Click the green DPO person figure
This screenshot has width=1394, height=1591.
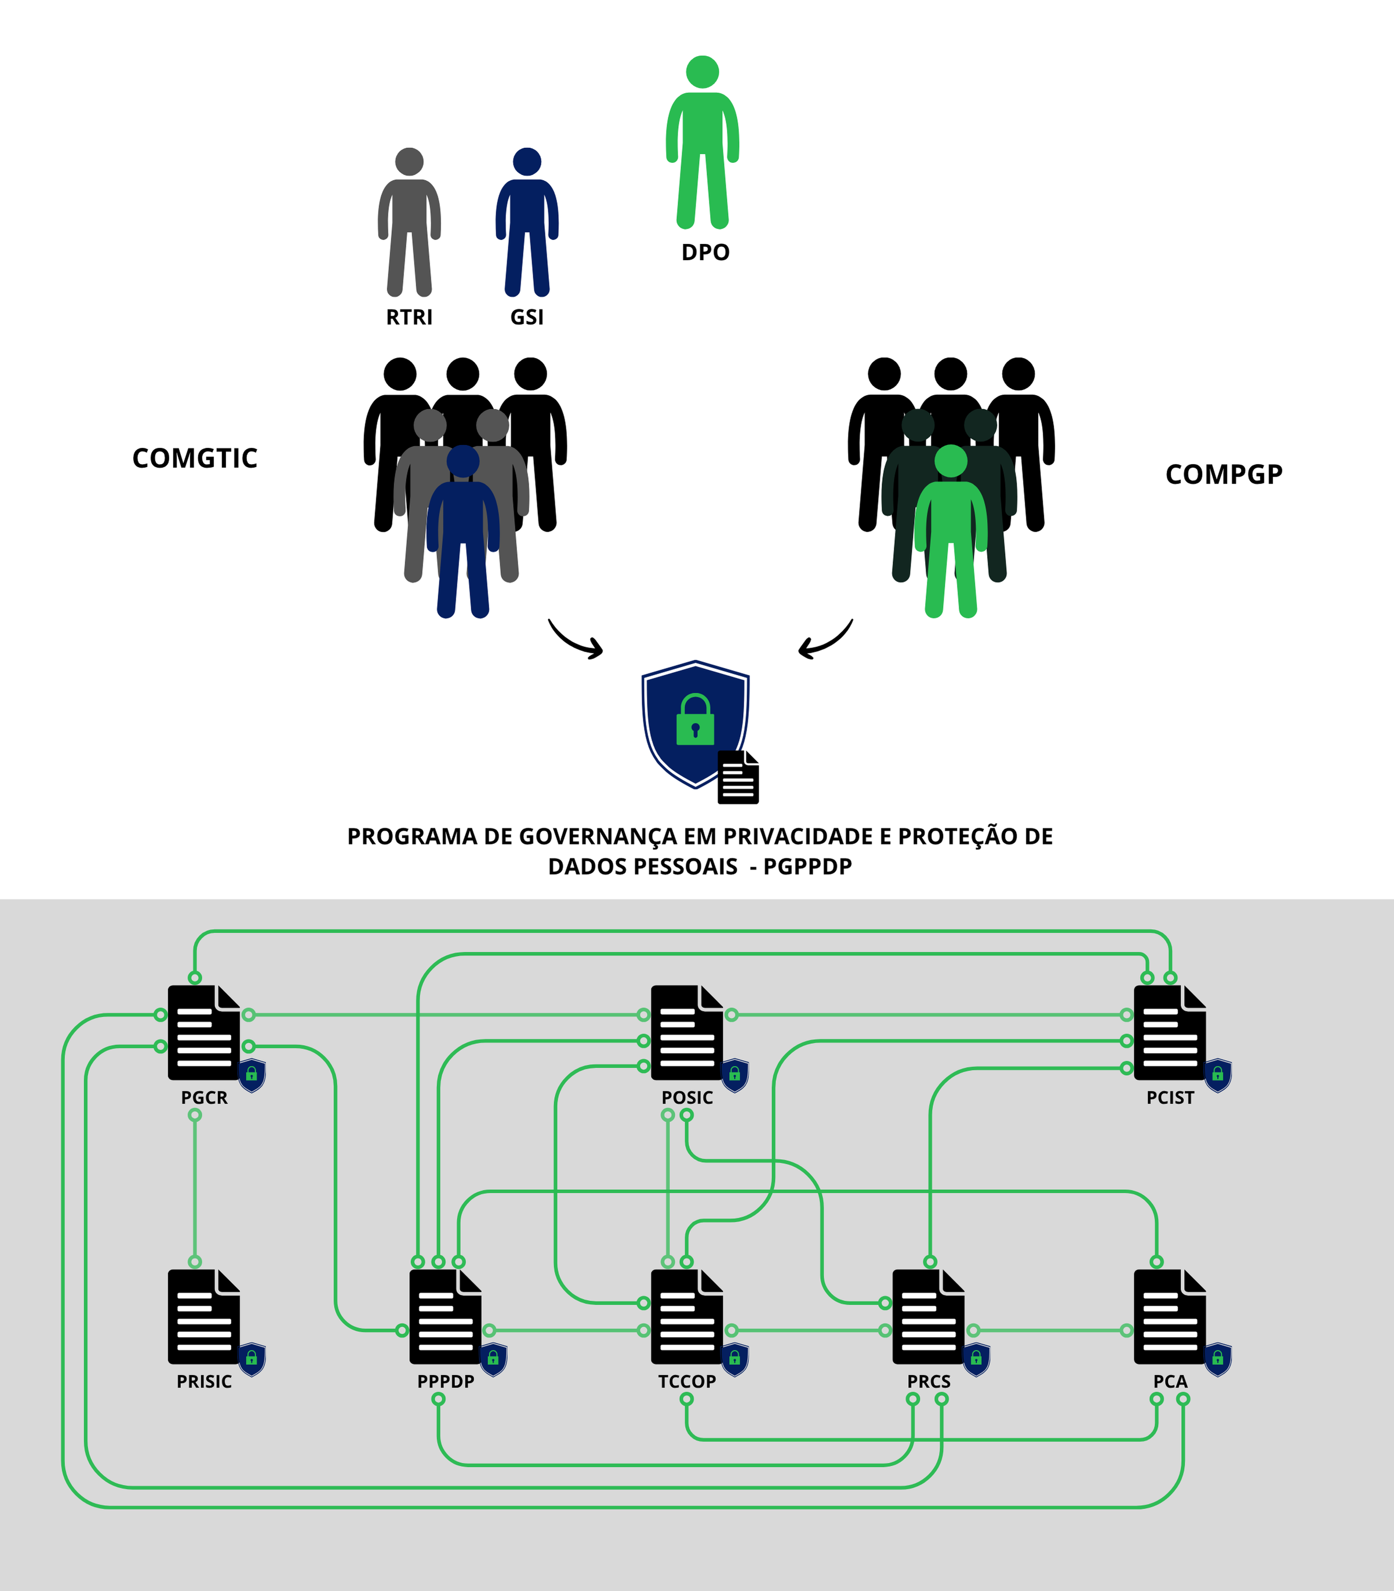pos(702,144)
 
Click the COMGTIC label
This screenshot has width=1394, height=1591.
pos(195,458)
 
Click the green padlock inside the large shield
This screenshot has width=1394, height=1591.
pos(694,720)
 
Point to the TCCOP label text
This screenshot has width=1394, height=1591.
pos(687,1382)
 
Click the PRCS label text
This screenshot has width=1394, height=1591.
pos(929,1382)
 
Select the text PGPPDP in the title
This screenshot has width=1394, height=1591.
pos(807,867)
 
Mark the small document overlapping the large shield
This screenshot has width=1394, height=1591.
pos(737,777)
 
